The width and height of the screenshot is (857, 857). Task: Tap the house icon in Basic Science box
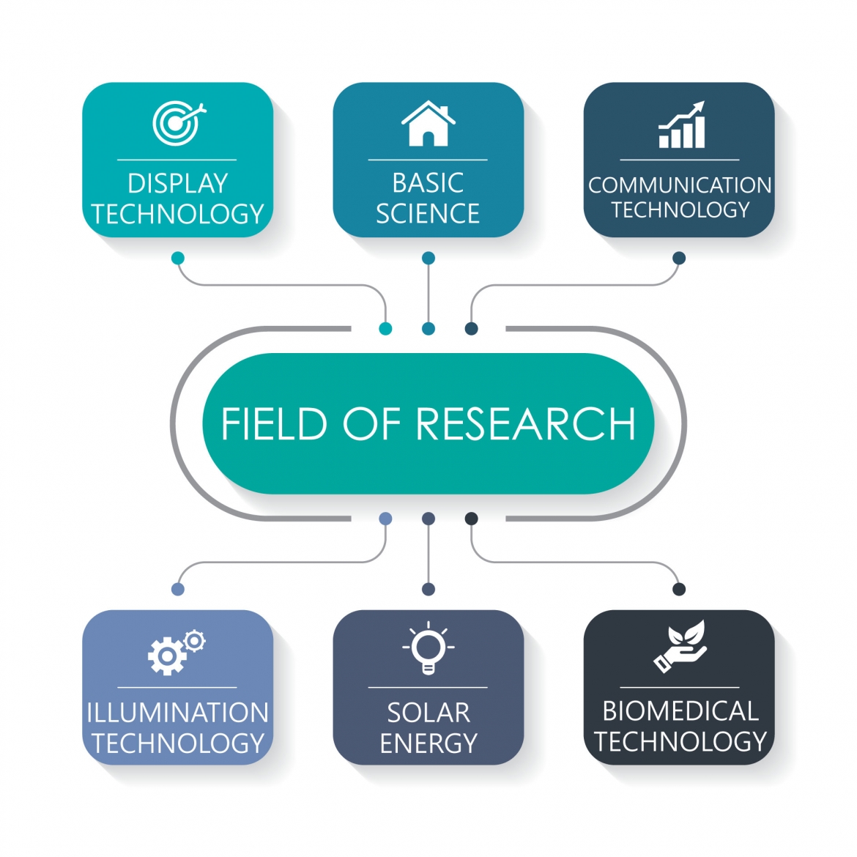[x=428, y=125]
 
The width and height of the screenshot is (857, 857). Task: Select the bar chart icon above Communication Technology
[x=682, y=125]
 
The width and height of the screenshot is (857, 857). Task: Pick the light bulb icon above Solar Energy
[x=428, y=648]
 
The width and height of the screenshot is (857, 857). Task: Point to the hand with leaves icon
[x=680, y=646]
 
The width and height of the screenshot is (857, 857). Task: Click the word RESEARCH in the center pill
[x=526, y=424]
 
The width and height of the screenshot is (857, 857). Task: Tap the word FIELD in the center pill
[x=274, y=424]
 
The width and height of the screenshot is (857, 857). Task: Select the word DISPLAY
[x=178, y=183]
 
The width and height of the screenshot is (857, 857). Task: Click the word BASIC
[x=428, y=182]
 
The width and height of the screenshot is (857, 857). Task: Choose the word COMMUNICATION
[x=680, y=185]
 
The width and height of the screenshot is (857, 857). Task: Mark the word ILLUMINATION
[x=178, y=713]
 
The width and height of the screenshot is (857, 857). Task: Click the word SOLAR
[x=428, y=713]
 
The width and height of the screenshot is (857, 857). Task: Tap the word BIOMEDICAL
[x=680, y=711]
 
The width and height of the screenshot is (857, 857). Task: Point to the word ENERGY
[x=428, y=743]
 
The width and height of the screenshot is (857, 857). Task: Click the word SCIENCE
[x=428, y=213]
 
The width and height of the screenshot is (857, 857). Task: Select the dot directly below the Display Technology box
[x=178, y=258]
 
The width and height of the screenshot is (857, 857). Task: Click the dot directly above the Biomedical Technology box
[x=679, y=589]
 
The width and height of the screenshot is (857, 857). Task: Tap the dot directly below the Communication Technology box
[x=679, y=258]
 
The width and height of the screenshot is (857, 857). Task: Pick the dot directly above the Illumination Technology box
[x=178, y=589]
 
